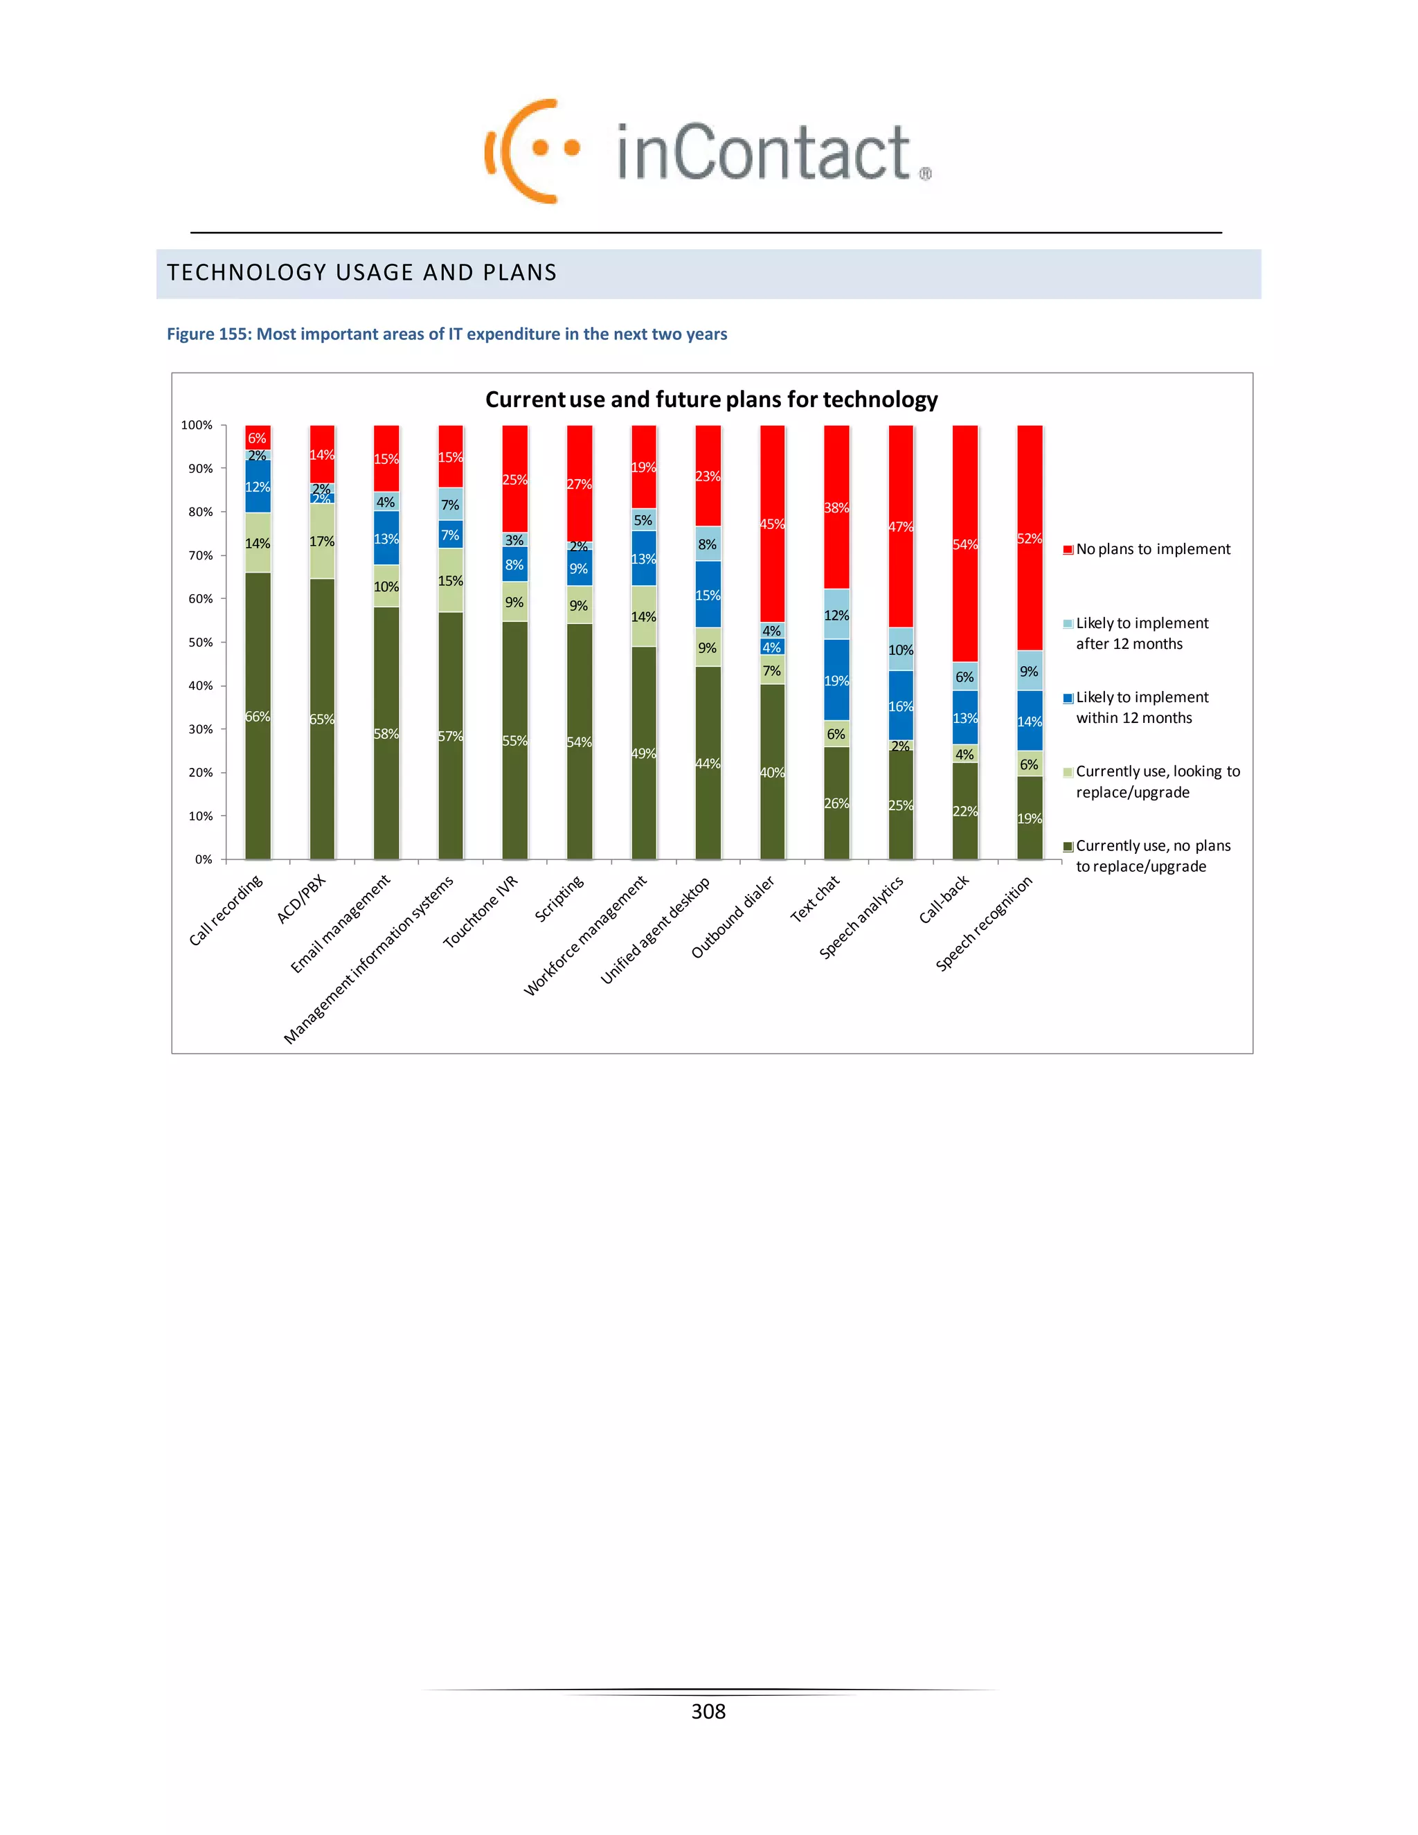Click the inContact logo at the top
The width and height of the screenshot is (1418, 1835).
(708, 151)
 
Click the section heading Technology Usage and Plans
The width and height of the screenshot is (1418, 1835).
(362, 272)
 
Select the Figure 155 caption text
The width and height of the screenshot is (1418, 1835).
(447, 334)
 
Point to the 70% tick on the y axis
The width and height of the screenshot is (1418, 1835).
(201, 555)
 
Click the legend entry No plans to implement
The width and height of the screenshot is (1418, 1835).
(1151, 550)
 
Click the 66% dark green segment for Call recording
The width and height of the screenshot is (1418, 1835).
(258, 716)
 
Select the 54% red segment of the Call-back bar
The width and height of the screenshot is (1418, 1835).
(964, 544)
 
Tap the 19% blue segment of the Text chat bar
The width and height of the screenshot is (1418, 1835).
(836, 680)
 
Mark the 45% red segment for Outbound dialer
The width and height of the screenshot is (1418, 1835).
(772, 523)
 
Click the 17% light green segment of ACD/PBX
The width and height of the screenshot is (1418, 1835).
(322, 541)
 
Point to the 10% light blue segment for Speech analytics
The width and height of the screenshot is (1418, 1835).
(901, 650)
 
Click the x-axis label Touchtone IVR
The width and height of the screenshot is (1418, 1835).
(481, 912)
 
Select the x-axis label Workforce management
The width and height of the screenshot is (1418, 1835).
(586, 935)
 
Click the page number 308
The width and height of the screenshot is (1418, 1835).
(708, 1712)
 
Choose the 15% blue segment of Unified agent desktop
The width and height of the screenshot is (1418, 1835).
(708, 595)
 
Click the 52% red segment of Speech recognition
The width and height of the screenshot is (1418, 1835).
(1029, 538)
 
